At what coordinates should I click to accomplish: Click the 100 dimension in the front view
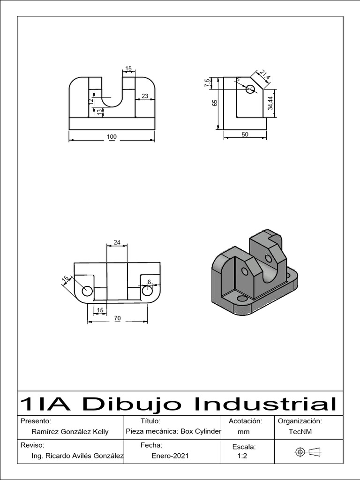point(112,137)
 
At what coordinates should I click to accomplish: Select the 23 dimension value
point(145,96)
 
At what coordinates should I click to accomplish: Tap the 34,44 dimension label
point(270,103)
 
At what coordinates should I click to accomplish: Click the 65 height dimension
point(215,103)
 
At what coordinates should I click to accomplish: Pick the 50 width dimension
point(245,135)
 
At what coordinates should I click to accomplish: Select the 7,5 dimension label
point(207,83)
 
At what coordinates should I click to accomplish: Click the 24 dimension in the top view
point(117,242)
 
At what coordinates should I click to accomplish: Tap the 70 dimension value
point(117,318)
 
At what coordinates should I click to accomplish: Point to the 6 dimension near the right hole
point(149,282)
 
